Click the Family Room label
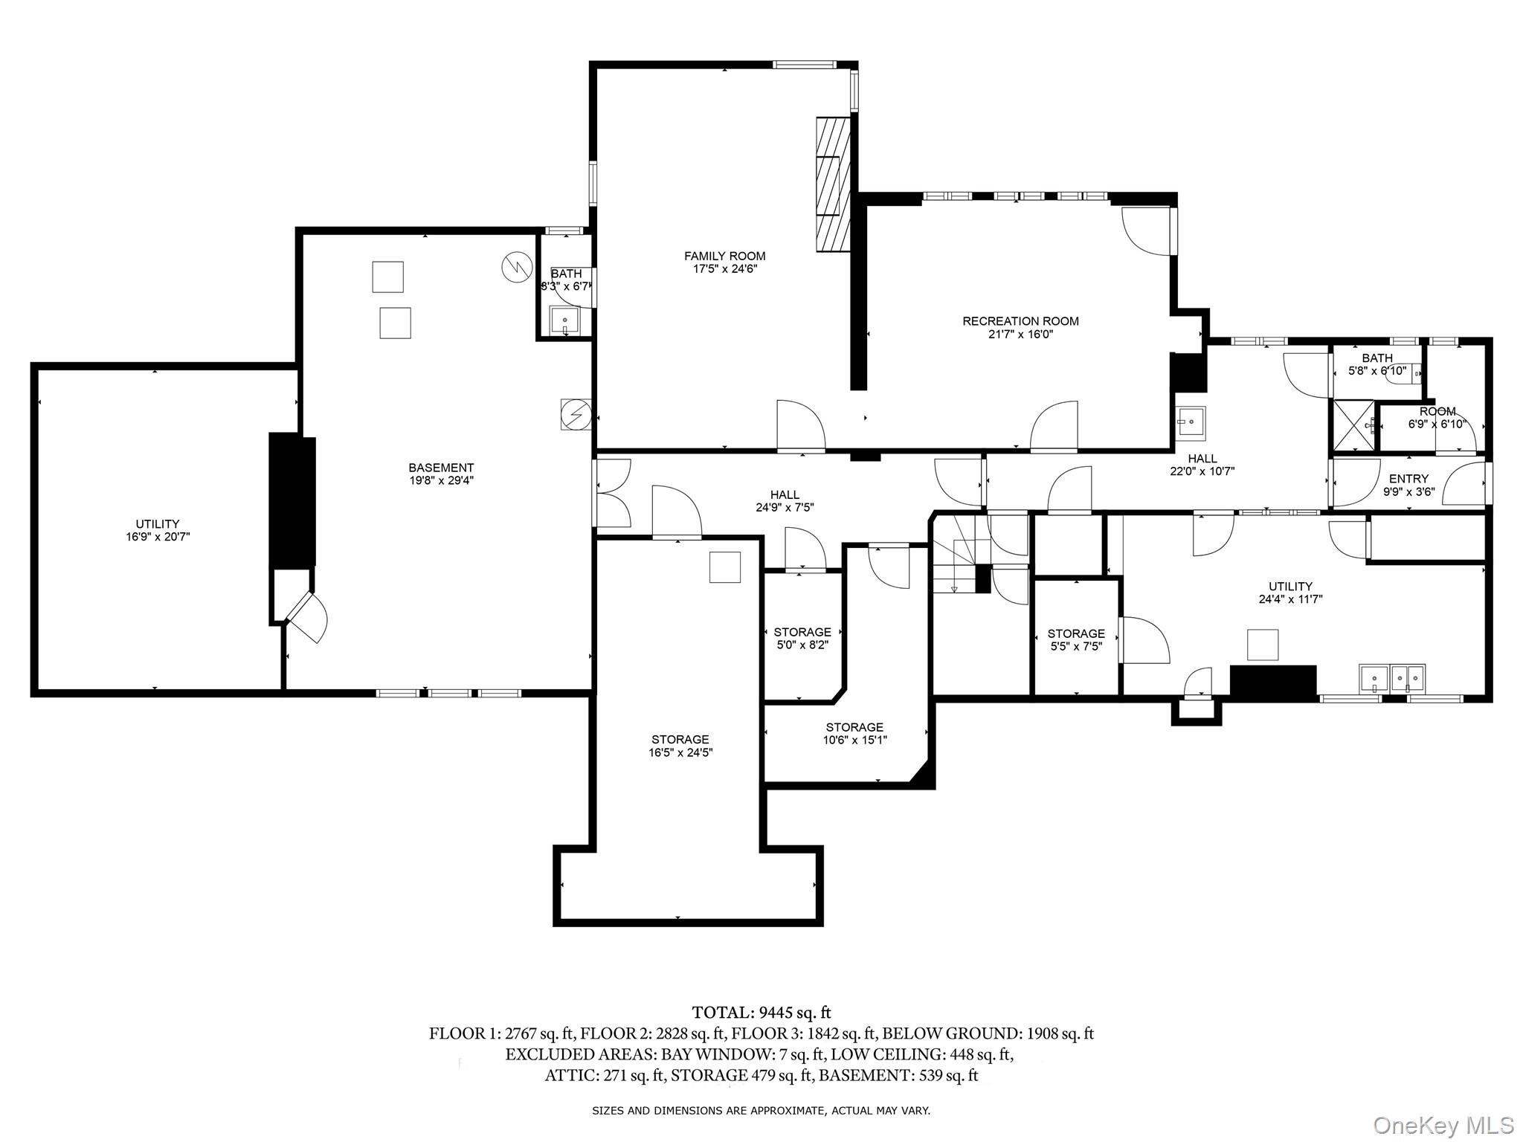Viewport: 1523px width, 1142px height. point(724,262)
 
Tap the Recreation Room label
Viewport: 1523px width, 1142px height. point(1020,327)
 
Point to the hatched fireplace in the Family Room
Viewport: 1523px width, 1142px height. point(833,185)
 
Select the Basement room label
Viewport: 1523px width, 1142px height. point(441,474)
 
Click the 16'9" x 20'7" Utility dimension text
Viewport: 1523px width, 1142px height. point(158,536)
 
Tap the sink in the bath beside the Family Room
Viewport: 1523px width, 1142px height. point(564,321)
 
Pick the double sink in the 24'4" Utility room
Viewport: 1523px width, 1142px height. point(1391,678)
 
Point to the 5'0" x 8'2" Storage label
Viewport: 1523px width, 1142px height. point(802,639)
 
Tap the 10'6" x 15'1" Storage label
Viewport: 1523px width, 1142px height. point(854,733)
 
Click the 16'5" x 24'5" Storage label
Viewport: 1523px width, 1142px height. point(680,746)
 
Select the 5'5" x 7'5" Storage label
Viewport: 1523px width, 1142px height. point(1076,640)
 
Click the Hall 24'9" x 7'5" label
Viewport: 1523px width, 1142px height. point(785,501)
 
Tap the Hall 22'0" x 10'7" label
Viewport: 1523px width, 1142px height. point(1202,465)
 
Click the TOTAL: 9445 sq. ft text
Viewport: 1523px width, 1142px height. point(761,1012)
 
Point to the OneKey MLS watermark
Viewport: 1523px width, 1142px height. point(1443,1125)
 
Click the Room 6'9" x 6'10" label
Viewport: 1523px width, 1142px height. point(1437,418)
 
